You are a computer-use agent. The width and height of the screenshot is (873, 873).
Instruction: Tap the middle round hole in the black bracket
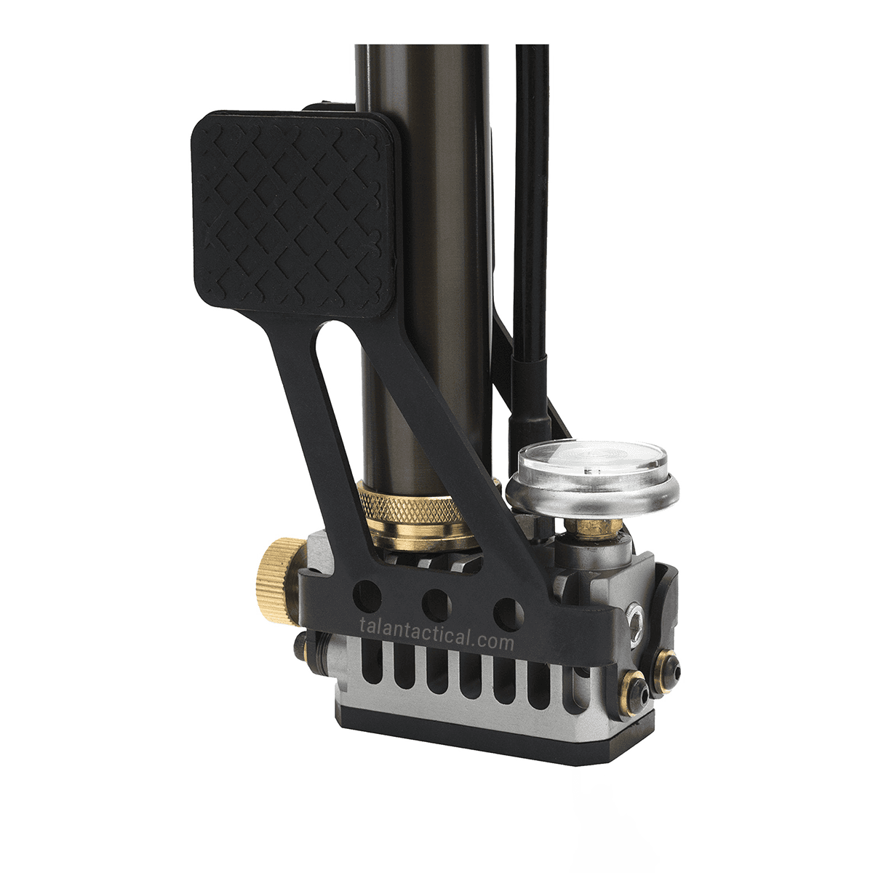(x=436, y=601)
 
